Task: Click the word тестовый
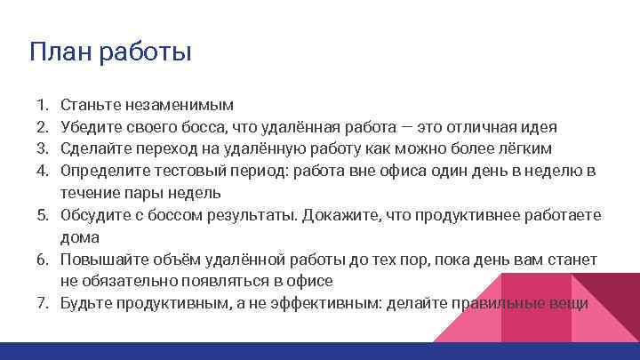pyautogui.click(x=188, y=171)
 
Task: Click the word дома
pyautogui.click(x=79, y=237)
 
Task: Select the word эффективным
pyautogui.click(x=304, y=304)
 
